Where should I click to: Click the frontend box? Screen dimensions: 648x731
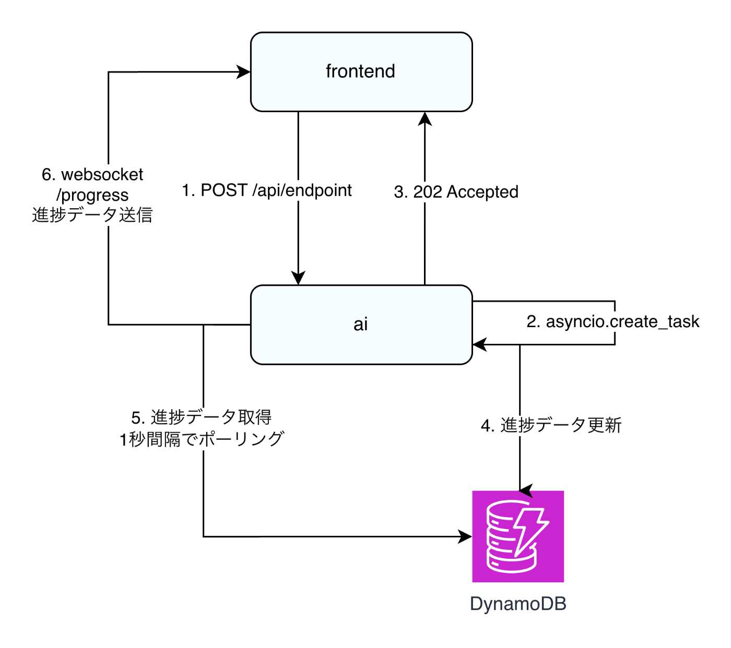361,72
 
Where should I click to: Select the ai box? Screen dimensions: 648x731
361,325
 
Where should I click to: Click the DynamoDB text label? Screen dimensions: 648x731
518,604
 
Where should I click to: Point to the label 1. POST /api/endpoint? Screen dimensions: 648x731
267,190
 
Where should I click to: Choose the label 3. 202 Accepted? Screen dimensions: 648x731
456,192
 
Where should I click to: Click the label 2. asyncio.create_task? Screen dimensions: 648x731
612,321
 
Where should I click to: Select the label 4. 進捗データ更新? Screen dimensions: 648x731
551,425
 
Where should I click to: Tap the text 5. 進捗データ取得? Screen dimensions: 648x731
202,417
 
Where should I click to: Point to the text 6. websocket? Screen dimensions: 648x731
92,174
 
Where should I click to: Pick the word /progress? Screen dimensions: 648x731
92,195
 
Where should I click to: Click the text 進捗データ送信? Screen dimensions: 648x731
92,215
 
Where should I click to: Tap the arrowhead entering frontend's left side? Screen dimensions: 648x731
244,72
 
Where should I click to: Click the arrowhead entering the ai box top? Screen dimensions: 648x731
298,278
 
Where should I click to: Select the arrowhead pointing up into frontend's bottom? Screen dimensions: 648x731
425,119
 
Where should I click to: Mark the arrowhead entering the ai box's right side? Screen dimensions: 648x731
479,344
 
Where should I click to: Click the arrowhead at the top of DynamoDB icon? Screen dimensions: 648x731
525,490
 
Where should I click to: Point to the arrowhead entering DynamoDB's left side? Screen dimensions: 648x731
465,536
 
